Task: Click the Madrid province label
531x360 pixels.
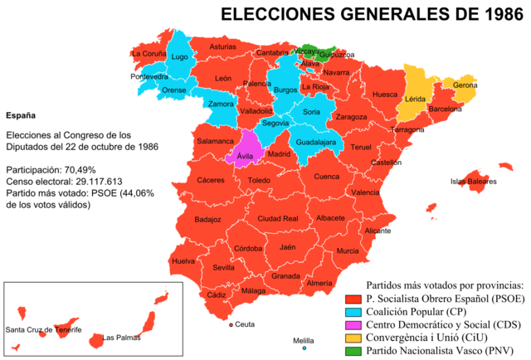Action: (x=279, y=153)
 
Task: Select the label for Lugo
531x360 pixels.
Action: (x=179, y=57)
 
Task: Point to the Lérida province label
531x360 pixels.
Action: (x=414, y=99)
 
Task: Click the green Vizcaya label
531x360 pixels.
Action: (x=305, y=51)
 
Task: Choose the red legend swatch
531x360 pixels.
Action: (x=353, y=299)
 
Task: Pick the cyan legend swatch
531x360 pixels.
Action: (x=353, y=312)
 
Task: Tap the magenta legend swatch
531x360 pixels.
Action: (x=353, y=325)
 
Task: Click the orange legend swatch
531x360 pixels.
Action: (x=353, y=338)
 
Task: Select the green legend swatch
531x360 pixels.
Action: (x=353, y=351)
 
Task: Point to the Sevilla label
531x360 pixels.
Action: (x=223, y=268)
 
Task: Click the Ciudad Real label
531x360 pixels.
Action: (x=278, y=219)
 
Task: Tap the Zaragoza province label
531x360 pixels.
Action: (x=351, y=117)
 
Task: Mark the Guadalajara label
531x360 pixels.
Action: (x=316, y=143)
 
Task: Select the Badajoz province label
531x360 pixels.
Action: (x=207, y=220)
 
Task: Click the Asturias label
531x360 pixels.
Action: (x=222, y=47)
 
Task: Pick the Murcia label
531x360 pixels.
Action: (x=348, y=251)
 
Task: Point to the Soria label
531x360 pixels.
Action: (x=311, y=111)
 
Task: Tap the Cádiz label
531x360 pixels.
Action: (x=217, y=294)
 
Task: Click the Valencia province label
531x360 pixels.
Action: (x=365, y=192)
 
